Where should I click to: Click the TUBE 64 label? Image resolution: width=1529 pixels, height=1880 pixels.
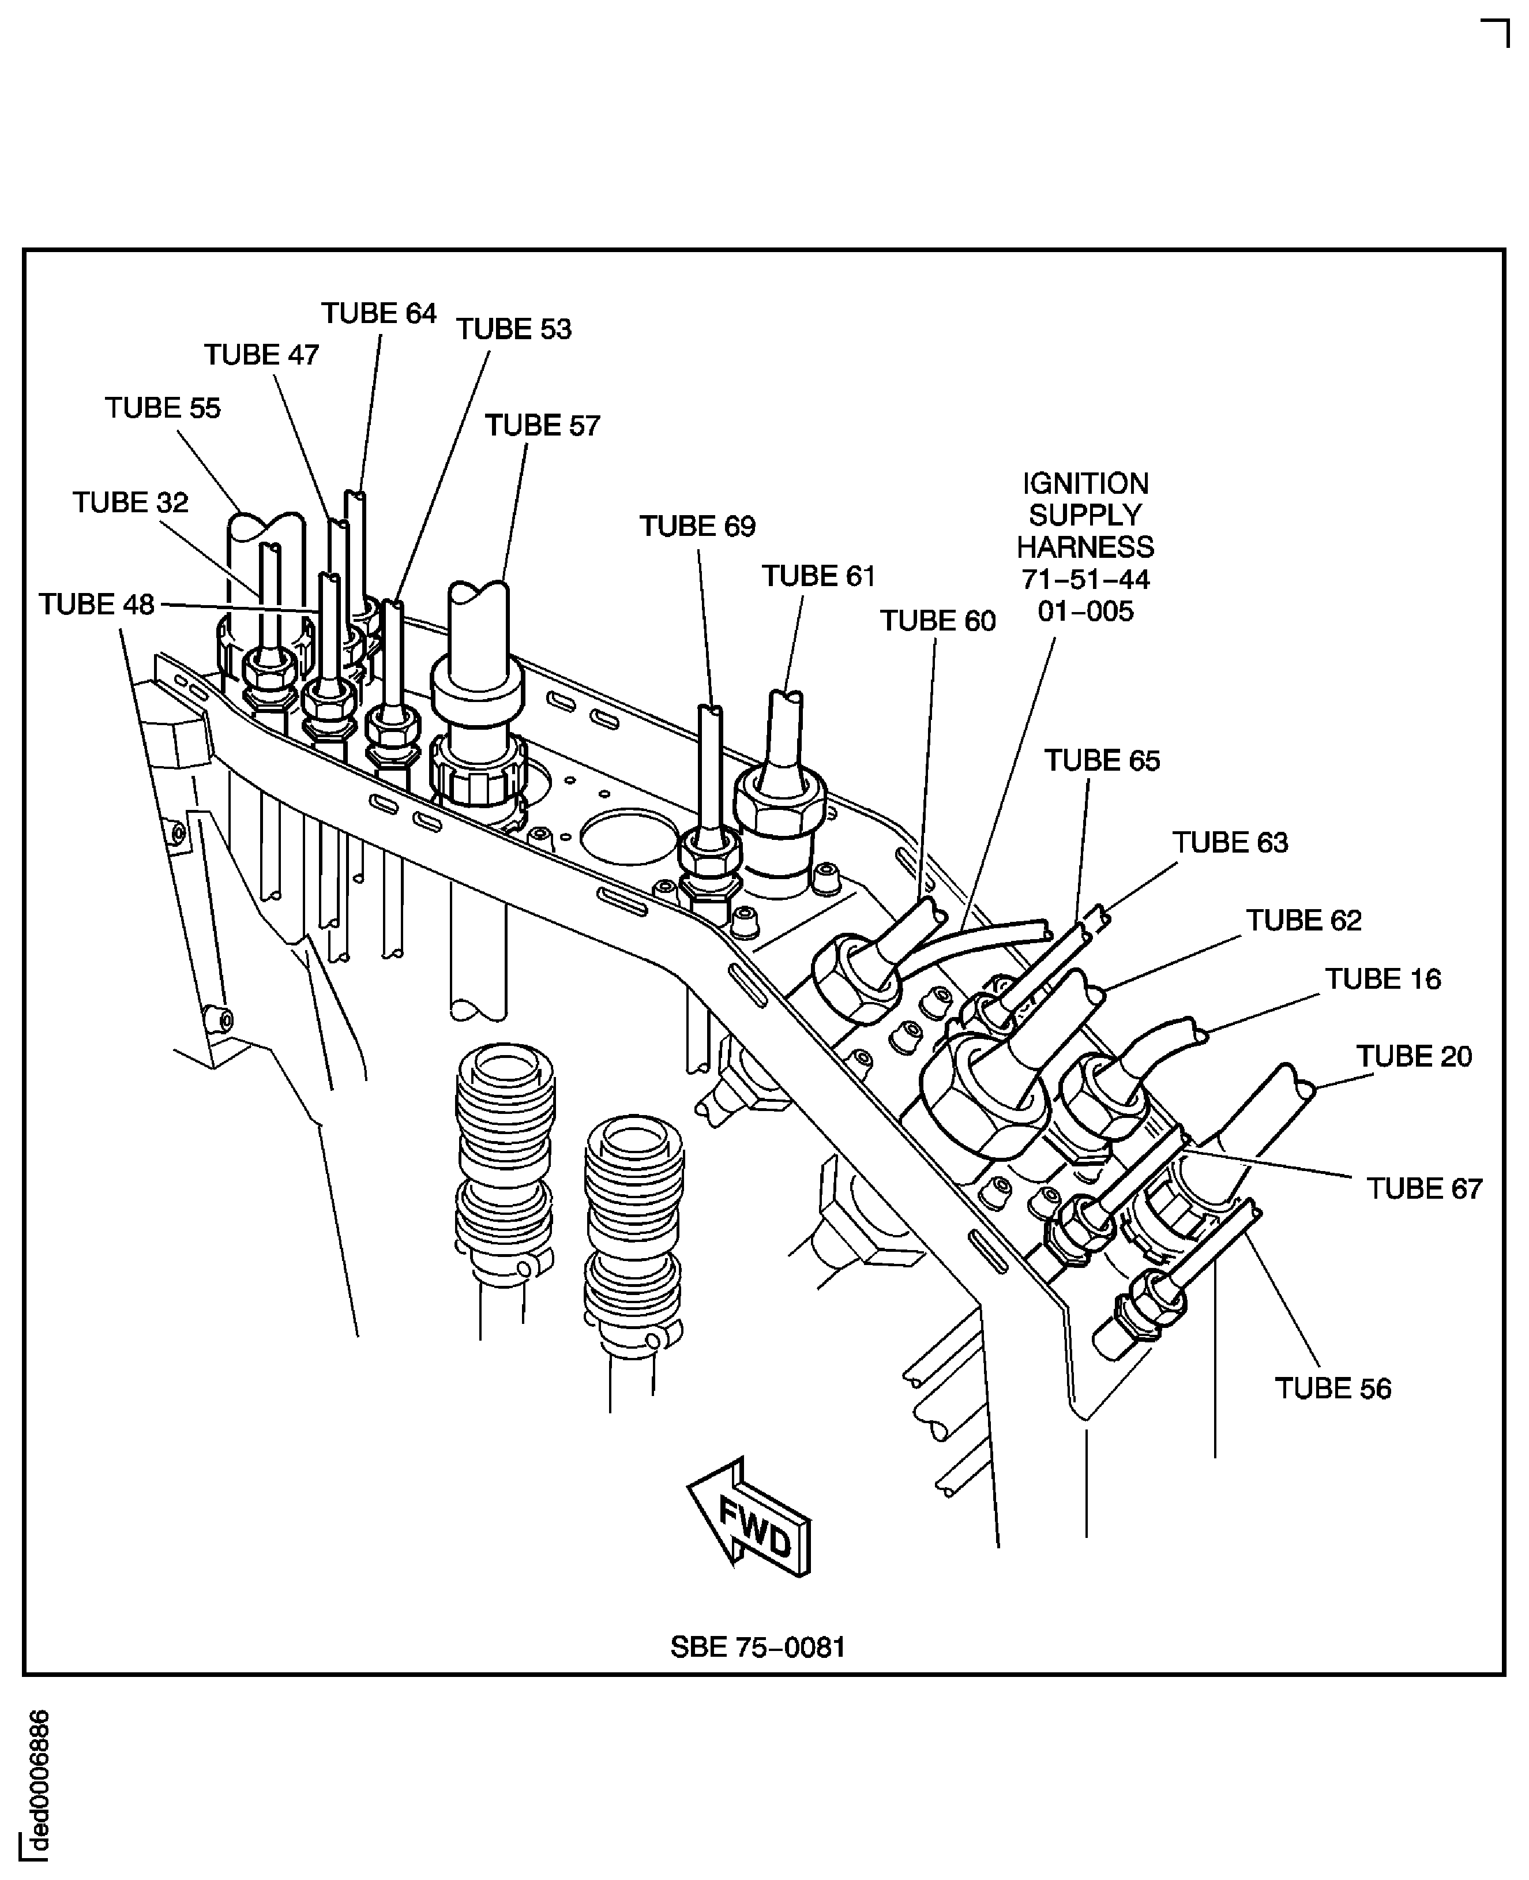coord(379,314)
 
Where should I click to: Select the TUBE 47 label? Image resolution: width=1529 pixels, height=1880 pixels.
coord(262,355)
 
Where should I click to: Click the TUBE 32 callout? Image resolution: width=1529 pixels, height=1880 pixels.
coord(130,503)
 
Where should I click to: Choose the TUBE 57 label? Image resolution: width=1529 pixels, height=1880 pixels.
coord(543,426)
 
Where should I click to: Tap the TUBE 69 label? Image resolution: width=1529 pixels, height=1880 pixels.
coord(697,527)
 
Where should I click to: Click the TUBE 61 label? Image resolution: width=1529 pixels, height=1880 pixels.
coord(819,576)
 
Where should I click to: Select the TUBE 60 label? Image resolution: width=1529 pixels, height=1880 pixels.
coord(938,621)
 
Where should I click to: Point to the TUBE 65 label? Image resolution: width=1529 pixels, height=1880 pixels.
coord(1102,761)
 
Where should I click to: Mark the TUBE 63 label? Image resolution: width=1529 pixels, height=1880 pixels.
coord(1230,843)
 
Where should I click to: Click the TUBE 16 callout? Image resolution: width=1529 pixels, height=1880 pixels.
coord(1383,980)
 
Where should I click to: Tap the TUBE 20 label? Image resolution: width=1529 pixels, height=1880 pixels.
coord(1414,1056)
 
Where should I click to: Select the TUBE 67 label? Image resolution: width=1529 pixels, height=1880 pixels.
coord(1424,1189)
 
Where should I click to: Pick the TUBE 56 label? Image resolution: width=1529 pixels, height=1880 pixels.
coord(1332,1389)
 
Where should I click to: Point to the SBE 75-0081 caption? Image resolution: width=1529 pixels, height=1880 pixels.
coord(757,1648)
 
